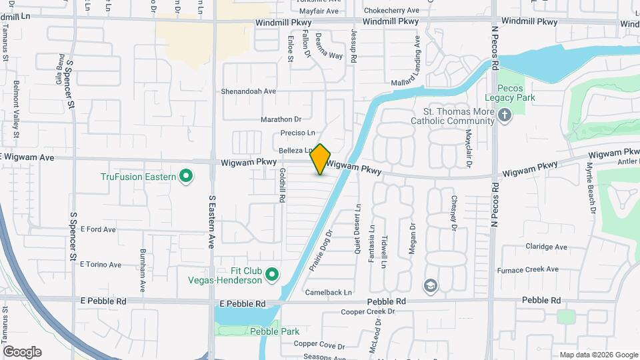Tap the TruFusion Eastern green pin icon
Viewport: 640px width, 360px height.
186,177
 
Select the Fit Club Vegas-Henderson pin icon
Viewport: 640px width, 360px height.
271,274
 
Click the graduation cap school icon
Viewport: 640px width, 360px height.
431,286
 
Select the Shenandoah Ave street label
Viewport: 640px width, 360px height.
249,91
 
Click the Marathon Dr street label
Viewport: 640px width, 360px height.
281,119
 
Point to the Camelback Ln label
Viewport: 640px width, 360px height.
328,292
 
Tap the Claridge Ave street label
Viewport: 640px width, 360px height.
546,247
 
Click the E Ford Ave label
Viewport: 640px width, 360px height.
98,229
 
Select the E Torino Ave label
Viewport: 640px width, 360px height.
101,265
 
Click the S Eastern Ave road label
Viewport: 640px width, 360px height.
213,217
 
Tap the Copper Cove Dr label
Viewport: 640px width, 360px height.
321,346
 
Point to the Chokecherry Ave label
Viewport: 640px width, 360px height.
391,11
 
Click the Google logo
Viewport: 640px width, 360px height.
22,352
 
